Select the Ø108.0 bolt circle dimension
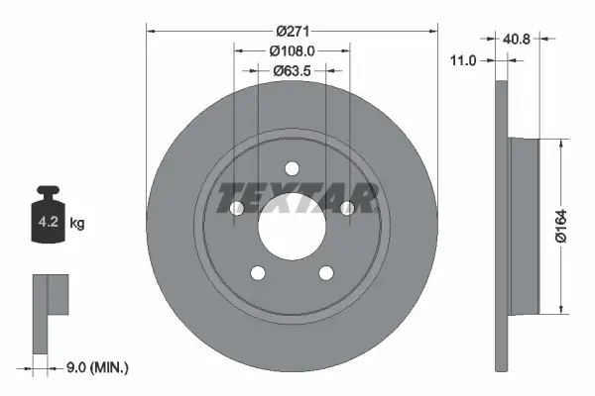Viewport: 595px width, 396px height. pyautogui.click(x=293, y=49)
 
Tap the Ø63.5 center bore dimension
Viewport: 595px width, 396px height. pyautogui.click(x=293, y=70)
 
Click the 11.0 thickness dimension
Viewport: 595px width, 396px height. pyautogui.click(x=464, y=60)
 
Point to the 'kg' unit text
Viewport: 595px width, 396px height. pyautogui.click(x=77, y=224)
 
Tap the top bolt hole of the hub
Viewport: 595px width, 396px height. pyautogui.click(x=293, y=167)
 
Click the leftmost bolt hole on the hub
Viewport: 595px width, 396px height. pyautogui.click(x=237, y=208)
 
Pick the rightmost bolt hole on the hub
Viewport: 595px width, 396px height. pyautogui.click(x=348, y=208)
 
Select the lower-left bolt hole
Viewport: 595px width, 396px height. pyautogui.click(x=258, y=273)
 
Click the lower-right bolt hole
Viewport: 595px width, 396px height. pyautogui.click(x=327, y=273)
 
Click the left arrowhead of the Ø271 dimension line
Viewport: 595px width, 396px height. pyautogui.click(x=151, y=30)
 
